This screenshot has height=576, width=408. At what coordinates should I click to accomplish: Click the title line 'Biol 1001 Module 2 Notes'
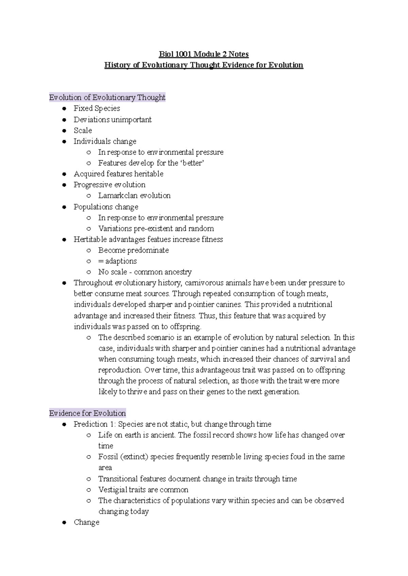[x=204, y=54]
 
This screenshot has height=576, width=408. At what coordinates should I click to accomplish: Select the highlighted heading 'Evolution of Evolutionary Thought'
[x=107, y=98]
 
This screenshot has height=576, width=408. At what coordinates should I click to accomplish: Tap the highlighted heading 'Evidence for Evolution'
[x=87, y=413]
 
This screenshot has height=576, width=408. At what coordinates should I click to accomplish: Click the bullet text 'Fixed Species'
[x=97, y=108]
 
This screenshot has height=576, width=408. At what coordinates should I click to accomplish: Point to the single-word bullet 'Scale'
[x=83, y=131]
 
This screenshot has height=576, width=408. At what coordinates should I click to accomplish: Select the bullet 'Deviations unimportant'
[x=113, y=120]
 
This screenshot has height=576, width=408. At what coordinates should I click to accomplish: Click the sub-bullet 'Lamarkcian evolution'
[x=134, y=196]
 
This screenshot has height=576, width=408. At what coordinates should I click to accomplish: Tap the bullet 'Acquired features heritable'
[x=118, y=174]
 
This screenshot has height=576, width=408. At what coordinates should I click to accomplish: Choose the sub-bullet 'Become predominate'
[x=133, y=250]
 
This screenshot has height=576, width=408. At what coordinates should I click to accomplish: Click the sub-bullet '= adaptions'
[x=117, y=261]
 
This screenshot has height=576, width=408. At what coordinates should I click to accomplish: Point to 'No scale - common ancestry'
[x=145, y=272]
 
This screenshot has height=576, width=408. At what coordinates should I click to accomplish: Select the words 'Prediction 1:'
[x=95, y=424]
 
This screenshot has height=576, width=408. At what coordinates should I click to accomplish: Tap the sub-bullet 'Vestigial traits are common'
[x=143, y=490]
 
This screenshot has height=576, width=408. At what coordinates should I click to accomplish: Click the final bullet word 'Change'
[x=86, y=522]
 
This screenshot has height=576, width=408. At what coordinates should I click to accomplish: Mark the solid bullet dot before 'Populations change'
[x=64, y=207]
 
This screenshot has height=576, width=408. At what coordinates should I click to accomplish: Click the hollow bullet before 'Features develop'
[x=89, y=163]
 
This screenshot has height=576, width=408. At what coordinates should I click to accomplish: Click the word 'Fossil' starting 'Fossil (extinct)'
[x=108, y=457]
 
